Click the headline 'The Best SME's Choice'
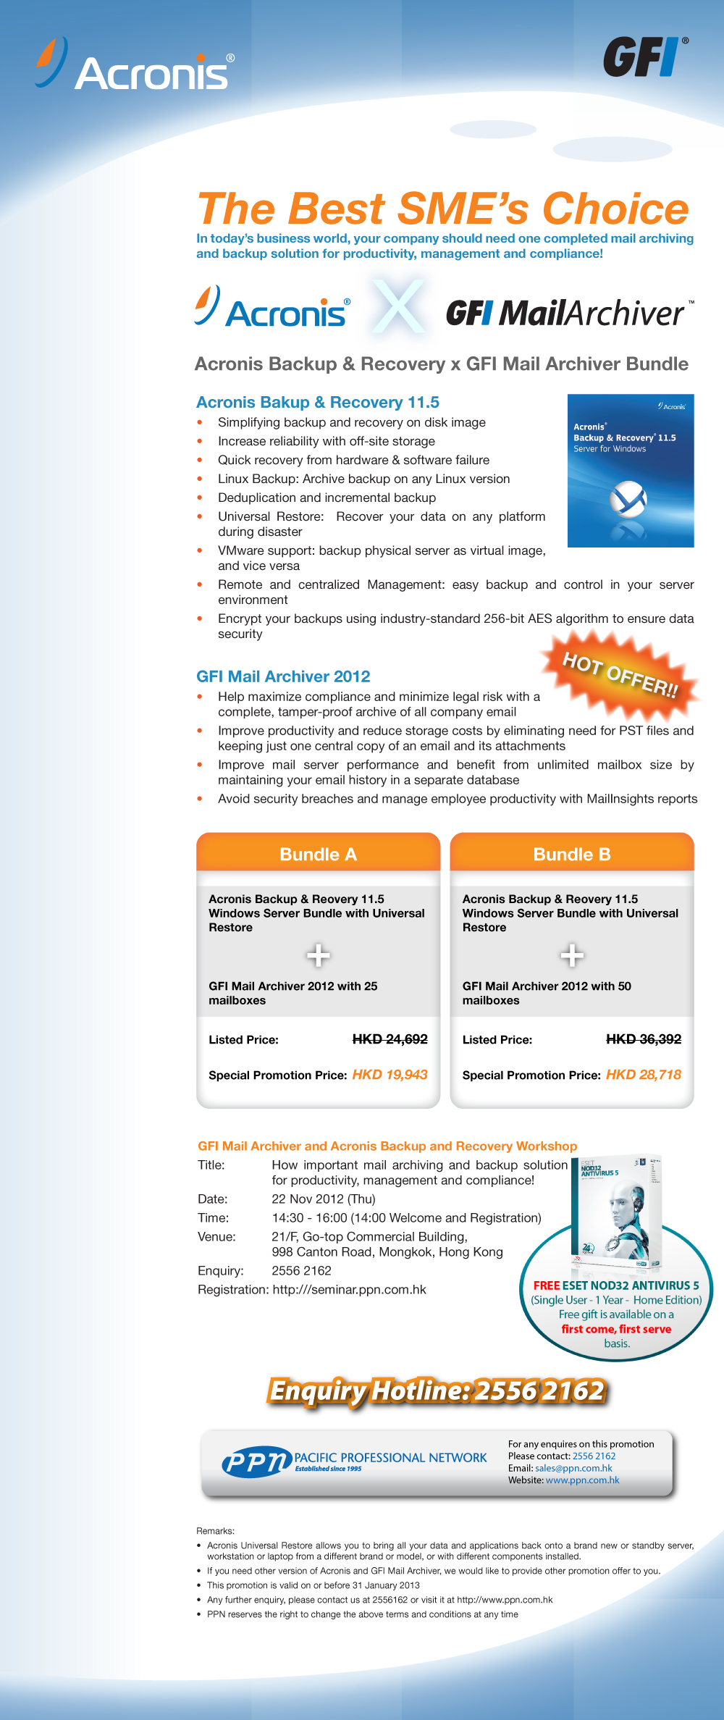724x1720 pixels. coord(442,209)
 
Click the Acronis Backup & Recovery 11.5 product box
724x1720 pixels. coord(631,471)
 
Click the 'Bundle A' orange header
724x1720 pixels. coord(319,854)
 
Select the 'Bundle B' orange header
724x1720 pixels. coord(572,854)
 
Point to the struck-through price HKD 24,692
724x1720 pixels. coord(390,1039)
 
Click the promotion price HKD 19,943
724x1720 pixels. coord(390,1075)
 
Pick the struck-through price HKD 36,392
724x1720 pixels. coord(643,1039)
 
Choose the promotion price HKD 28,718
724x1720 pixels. coord(643,1075)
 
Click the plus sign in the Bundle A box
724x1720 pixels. coord(319,956)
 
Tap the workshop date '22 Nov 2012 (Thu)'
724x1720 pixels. coord(324,1199)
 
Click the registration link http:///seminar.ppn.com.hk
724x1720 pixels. coord(349,1289)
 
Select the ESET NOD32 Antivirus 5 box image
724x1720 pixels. coord(620,1212)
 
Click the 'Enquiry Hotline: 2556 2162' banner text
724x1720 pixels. coord(437,1391)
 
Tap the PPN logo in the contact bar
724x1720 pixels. coord(256,1463)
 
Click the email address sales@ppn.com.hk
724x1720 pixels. coord(573,1468)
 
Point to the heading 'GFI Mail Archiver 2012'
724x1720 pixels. coord(283,676)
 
